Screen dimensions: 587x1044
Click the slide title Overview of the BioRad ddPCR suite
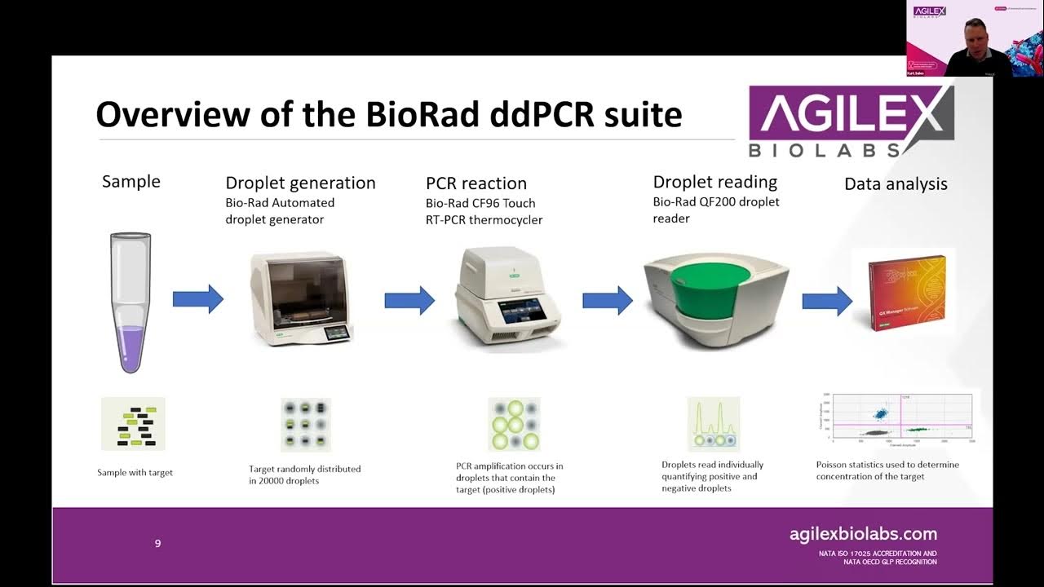pos(388,115)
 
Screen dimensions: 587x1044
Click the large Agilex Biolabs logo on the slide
pos(850,121)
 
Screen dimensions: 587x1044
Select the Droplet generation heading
pos(300,183)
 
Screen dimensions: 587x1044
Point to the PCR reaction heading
pos(476,183)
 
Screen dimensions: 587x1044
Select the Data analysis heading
pos(896,184)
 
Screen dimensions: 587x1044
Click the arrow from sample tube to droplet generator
pos(197,299)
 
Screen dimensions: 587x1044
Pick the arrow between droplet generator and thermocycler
pos(409,300)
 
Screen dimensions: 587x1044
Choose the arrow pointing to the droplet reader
pos(607,300)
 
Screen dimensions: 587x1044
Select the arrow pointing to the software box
pos(826,301)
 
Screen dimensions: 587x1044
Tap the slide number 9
pos(158,543)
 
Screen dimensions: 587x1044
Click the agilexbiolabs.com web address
pos(863,535)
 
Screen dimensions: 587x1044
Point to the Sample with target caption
pos(135,472)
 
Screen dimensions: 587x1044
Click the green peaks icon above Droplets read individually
pos(713,424)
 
